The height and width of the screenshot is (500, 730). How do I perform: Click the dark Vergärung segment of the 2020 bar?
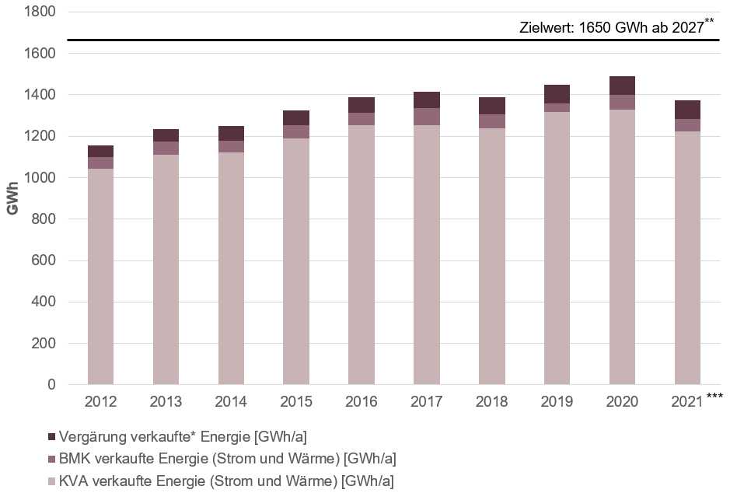pyautogui.click(x=622, y=86)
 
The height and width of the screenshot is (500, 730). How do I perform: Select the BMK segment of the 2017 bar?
pyautogui.click(x=427, y=117)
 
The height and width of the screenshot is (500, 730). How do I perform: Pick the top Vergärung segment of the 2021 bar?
pyautogui.click(x=687, y=110)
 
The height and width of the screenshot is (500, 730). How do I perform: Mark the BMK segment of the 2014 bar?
pyautogui.click(x=231, y=146)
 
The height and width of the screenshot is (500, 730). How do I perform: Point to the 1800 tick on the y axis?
pyautogui.click(x=41, y=12)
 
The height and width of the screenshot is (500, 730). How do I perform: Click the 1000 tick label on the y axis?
pyautogui.click(x=41, y=178)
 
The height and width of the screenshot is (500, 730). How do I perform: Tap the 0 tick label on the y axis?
pyautogui.click(x=52, y=385)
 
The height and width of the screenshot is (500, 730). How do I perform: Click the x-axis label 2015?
pyautogui.click(x=296, y=402)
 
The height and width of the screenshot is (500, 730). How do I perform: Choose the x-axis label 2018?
pyautogui.click(x=491, y=402)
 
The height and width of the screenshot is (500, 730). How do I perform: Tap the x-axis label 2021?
pyautogui.click(x=687, y=402)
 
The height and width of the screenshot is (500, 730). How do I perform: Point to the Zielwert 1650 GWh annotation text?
pyautogui.click(x=611, y=28)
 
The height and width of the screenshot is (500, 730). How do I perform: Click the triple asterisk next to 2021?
pyautogui.click(x=715, y=397)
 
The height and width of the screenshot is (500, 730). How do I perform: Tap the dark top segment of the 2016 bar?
pyautogui.click(x=362, y=105)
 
